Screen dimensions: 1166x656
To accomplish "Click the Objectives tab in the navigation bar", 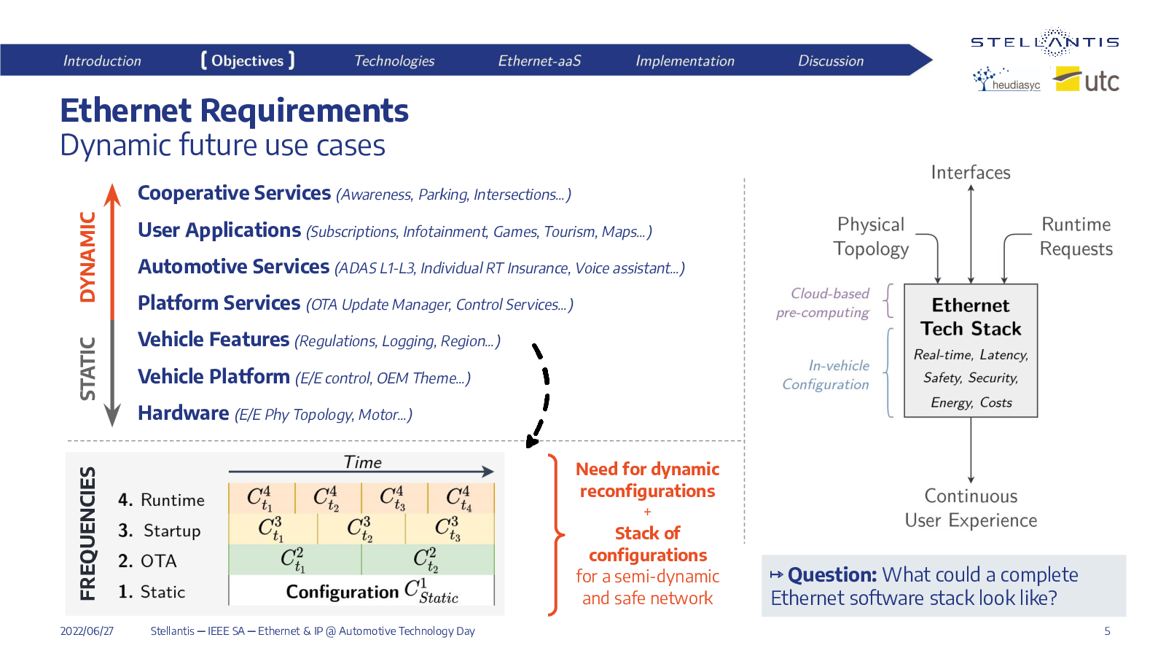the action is (x=248, y=60).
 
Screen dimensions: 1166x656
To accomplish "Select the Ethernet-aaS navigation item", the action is (x=539, y=61).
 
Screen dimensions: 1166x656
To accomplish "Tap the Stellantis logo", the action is (x=1045, y=42).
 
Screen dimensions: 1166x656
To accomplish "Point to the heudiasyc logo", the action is (x=1006, y=79).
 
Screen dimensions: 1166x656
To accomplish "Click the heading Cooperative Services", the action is (x=234, y=193).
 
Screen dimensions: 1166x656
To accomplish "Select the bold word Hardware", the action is (x=183, y=413).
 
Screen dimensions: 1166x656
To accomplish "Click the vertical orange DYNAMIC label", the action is (x=88, y=257).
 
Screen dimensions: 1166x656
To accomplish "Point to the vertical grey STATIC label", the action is (x=88, y=369).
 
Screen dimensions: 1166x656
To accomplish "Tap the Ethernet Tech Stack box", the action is (x=971, y=351).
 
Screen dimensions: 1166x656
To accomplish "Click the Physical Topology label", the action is (x=871, y=236).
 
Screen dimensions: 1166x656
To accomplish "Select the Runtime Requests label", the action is (x=1076, y=236).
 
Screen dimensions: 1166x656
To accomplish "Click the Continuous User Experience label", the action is (x=971, y=508).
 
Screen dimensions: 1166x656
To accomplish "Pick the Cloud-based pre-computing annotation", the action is (x=823, y=302).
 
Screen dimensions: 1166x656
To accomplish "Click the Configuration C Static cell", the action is (x=361, y=590).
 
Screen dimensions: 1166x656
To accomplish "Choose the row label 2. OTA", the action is (x=147, y=561).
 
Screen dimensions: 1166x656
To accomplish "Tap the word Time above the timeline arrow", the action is (x=362, y=462).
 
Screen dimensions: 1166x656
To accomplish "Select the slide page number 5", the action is (x=1107, y=631).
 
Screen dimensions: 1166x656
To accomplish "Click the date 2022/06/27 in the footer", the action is (x=87, y=631).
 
